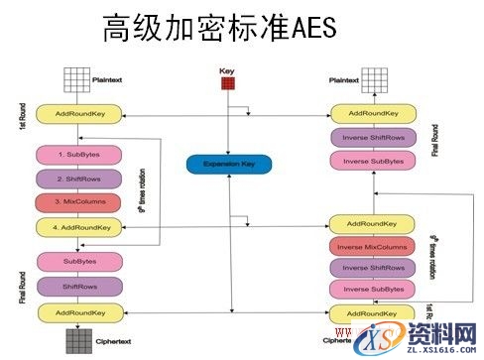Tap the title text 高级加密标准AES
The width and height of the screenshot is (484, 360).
[219, 29]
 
